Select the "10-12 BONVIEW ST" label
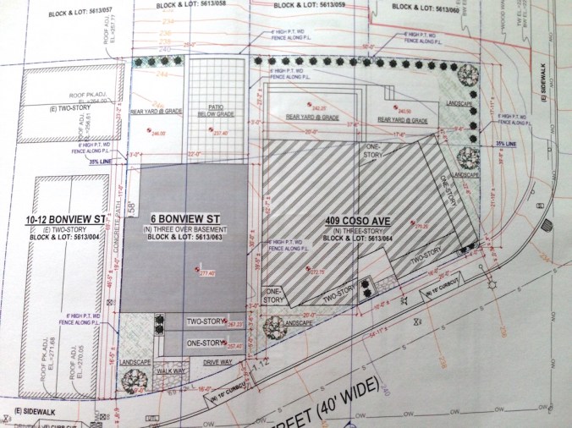click(x=65, y=220)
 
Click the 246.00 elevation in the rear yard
click(x=157, y=134)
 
